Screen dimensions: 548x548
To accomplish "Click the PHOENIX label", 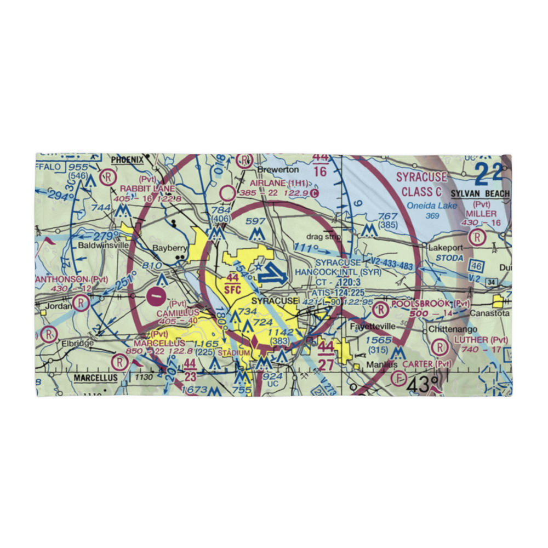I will tap(127, 159).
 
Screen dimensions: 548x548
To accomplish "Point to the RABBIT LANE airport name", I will tap(149, 188).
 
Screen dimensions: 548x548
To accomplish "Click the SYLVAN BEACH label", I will tap(480, 194).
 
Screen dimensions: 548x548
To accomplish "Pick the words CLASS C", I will tap(420, 192).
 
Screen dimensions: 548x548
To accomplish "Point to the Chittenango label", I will tap(450, 329).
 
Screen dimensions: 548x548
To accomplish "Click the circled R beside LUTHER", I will tap(439, 347).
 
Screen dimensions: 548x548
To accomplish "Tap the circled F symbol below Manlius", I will tap(398, 377).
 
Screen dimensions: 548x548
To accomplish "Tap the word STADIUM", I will tap(233, 353).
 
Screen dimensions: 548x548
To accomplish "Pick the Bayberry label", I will tap(170, 248).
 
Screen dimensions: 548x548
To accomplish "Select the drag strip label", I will tap(323, 237).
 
